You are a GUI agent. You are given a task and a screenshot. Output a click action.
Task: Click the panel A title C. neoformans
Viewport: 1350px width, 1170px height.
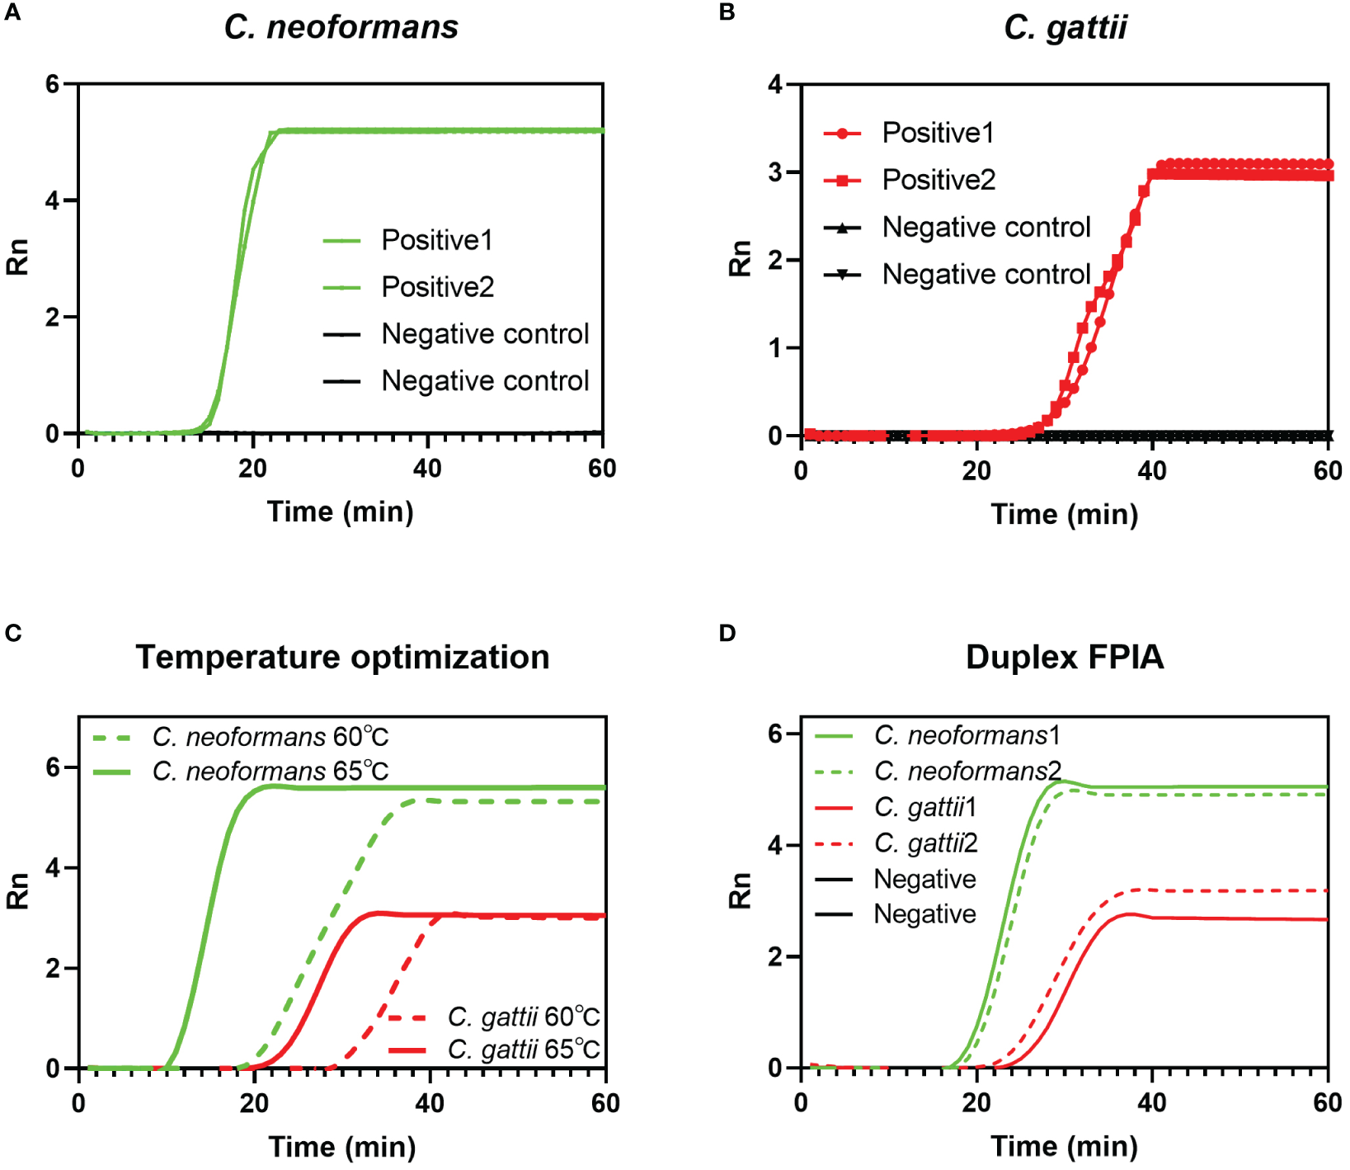pos(341,27)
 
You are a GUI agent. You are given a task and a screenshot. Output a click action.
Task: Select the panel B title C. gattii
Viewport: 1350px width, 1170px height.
pos(1065,27)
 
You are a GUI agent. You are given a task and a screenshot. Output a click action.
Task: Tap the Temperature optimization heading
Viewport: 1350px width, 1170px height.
pos(342,657)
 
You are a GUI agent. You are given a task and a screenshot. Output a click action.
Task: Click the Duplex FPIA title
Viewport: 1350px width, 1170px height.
pos(1065,657)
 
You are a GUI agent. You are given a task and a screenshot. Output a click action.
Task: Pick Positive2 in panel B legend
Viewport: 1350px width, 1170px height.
pos(938,180)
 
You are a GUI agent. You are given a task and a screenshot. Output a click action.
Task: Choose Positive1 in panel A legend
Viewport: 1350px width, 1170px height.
pos(436,240)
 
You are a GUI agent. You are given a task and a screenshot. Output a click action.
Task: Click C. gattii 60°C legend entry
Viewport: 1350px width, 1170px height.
pos(523,1017)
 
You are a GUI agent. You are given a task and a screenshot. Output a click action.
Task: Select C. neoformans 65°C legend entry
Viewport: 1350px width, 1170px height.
pos(270,771)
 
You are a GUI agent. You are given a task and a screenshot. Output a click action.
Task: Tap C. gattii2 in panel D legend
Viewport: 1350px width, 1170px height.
pos(925,843)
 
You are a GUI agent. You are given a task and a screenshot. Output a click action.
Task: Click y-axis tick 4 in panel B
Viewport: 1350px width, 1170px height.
pos(774,84)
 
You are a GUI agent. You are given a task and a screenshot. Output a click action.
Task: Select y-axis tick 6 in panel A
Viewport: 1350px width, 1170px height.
pos(53,84)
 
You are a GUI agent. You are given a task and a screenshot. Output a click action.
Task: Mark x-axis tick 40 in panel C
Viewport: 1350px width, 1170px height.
pos(430,1103)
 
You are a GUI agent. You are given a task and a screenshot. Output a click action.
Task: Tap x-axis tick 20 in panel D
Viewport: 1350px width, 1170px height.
pos(976,1103)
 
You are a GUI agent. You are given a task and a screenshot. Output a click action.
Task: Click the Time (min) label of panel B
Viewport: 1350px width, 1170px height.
pos(1064,514)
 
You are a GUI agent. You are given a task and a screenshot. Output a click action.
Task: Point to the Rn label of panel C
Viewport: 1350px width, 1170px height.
pos(17,891)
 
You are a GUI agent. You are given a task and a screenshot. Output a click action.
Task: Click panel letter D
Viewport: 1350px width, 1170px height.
pos(727,633)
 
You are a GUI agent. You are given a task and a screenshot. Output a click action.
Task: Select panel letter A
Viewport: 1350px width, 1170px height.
pos(12,12)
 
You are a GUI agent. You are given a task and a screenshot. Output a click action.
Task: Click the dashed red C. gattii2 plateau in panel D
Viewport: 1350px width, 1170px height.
pos(1237,890)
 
